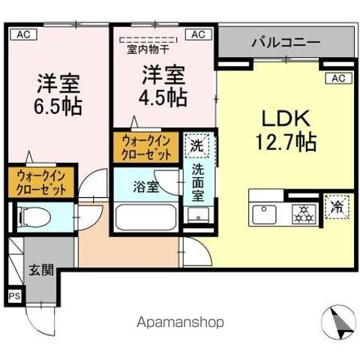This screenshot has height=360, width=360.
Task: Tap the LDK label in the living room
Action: click(279, 118)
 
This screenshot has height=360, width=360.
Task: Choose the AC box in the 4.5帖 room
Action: click(199, 34)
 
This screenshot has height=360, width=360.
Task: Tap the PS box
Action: click(13, 295)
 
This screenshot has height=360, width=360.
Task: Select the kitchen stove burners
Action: click(303, 211)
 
